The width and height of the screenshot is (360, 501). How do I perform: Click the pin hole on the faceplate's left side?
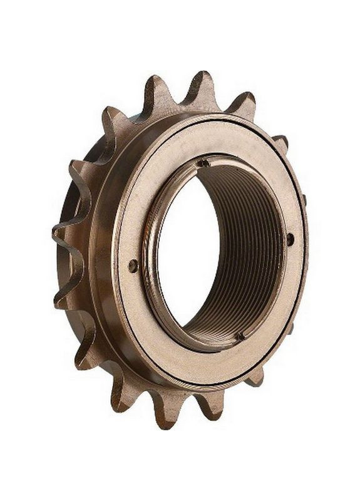[x=133, y=266]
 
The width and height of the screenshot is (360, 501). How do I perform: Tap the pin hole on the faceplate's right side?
[x=290, y=239]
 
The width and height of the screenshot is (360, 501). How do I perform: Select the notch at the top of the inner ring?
[x=203, y=163]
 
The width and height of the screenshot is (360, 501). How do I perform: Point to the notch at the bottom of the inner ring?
[x=239, y=336]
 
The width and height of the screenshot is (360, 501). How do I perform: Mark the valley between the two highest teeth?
[x=178, y=99]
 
